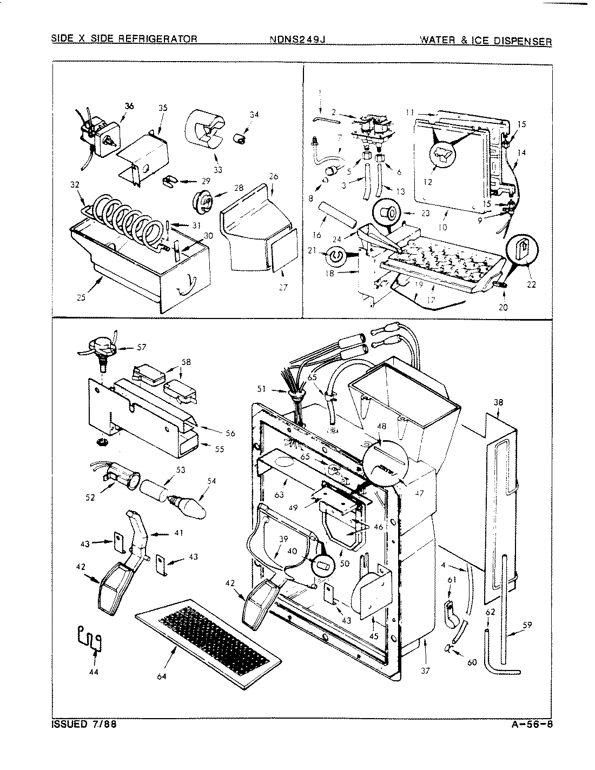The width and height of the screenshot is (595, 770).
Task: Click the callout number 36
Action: click(128, 107)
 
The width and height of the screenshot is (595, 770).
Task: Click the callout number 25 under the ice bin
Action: click(81, 296)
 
